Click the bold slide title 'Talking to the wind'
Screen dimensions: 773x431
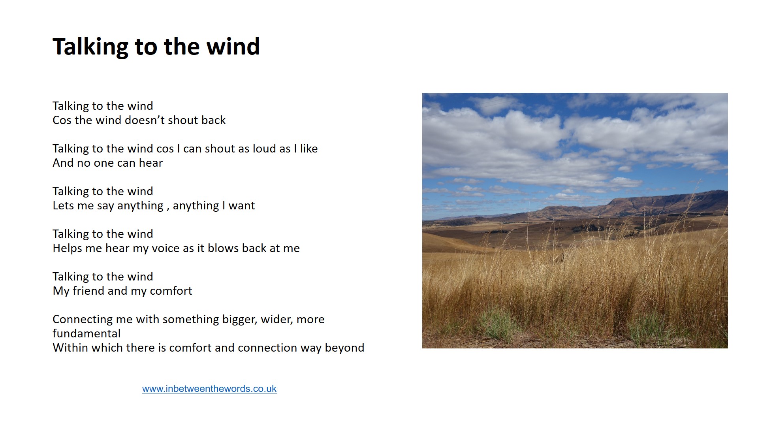(x=156, y=47)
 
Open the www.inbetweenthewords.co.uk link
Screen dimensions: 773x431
(x=209, y=389)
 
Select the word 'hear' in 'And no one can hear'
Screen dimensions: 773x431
(x=151, y=163)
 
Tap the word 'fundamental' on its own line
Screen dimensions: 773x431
(x=87, y=333)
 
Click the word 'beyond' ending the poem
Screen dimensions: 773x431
(x=344, y=348)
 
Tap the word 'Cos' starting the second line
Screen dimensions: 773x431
(x=62, y=120)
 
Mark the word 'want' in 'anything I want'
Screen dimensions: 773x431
(x=242, y=206)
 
